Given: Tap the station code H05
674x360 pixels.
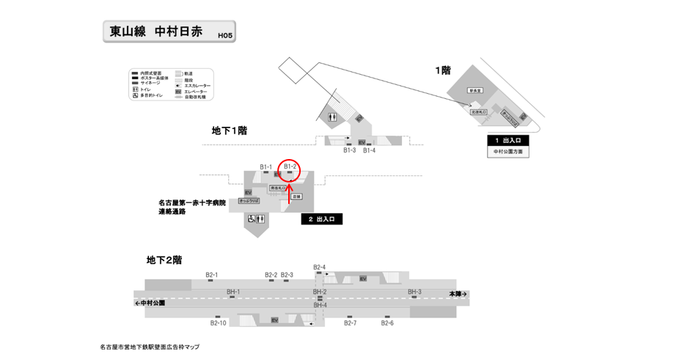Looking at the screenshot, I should pos(225,34).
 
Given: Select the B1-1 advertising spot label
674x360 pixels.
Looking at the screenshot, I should pos(265,167).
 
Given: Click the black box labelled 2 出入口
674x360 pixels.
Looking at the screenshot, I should pos(321,219).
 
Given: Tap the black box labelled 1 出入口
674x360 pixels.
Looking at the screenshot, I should pos(508,140).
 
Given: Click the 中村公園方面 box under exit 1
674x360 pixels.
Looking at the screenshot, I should pos(508,152).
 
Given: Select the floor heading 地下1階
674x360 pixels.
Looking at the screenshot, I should pos(229,131).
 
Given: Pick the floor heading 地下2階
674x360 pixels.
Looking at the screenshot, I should pos(164,260).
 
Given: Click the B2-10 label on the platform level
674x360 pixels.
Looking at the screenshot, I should pos(218,323).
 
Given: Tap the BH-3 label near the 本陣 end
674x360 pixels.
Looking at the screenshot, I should pos(414,292).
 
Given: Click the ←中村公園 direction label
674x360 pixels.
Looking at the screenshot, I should pos(150,302).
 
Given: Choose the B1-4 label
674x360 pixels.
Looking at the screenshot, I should pos(369,150).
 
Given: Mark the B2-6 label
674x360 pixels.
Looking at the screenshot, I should pos(387,323).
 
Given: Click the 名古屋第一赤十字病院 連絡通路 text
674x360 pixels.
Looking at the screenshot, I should pos(192,207).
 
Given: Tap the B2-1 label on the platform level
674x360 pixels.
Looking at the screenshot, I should pos(210,275).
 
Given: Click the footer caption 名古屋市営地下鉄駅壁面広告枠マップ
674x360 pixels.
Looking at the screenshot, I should pos(150,347).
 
